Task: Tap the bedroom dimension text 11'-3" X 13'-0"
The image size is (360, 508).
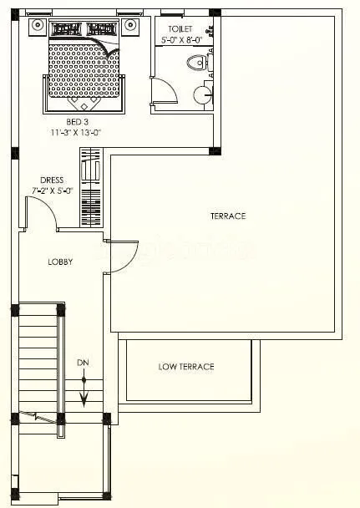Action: pos(76,132)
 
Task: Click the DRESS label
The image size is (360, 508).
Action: pos(52,180)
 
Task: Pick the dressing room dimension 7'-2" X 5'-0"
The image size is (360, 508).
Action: pos(52,190)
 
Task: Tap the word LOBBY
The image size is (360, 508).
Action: pos(59,262)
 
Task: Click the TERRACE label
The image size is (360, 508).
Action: pos(227,216)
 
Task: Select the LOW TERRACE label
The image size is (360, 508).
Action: pos(186,366)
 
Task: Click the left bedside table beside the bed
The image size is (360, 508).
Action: pos(38,25)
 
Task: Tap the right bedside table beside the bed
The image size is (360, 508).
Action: pos(129,25)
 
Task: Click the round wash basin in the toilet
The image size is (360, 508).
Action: pos(203,94)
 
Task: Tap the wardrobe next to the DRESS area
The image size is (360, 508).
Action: pos(90,188)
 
